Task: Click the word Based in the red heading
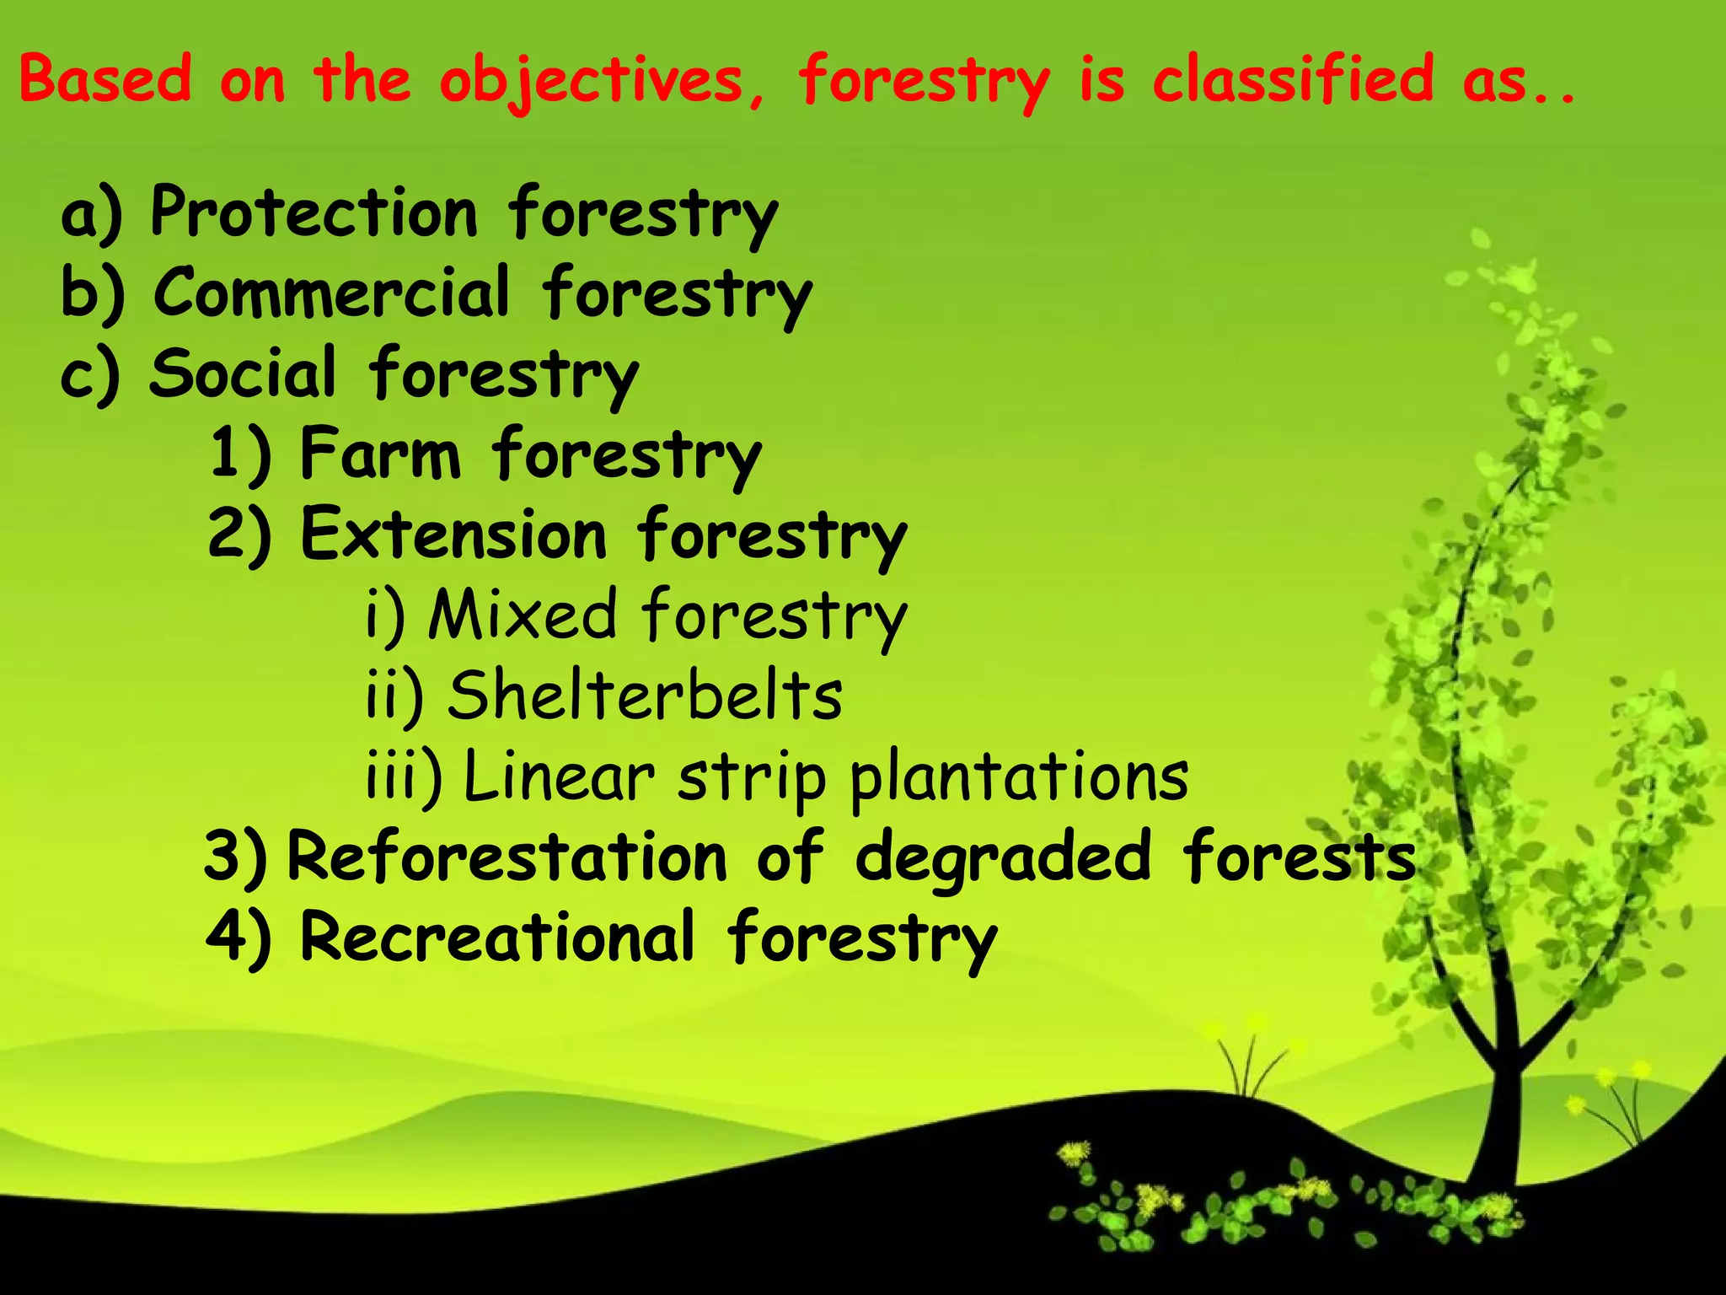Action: pyautogui.click(x=105, y=78)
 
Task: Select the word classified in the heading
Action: pyautogui.click(x=1293, y=78)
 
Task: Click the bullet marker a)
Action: pyautogui.click(x=91, y=214)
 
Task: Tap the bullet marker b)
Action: pyautogui.click(x=93, y=293)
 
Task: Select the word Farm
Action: pyautogui.click(x=380, y=453)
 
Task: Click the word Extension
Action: pyautogui.click(x=453, y=534)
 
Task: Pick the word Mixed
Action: pyautogui.click(x=523, y=614)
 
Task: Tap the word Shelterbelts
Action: pyautogui.click(x=645, y=695)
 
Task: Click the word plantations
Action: pyautogui.click(x=1019, y=776)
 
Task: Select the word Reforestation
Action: pyautogui.click(x=507, y=856)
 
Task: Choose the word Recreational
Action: pyautogui.click(x=497, y=936)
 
